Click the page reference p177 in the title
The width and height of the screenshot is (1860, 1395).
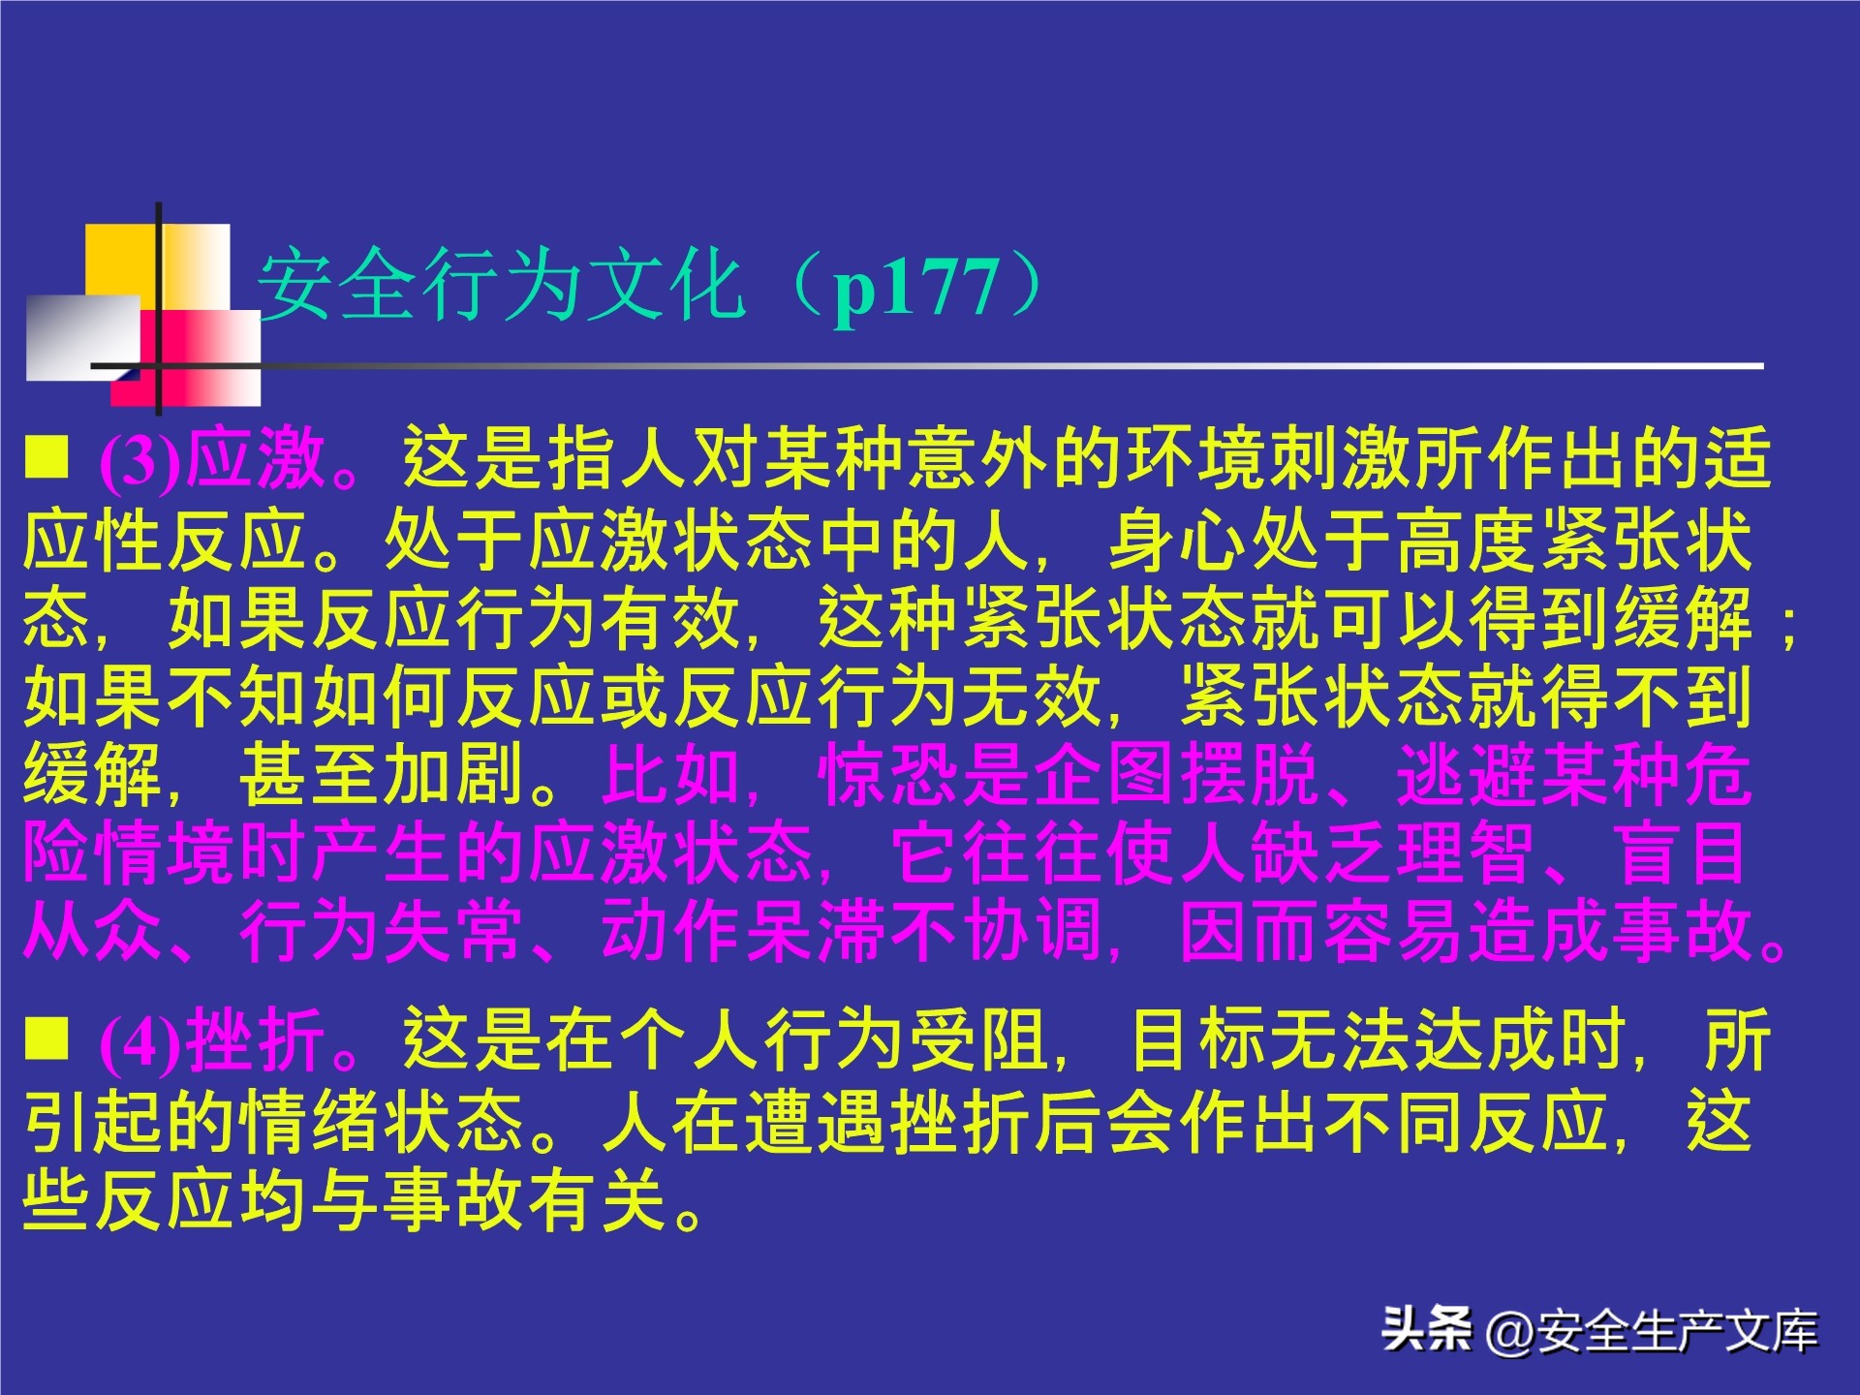coord(916,288)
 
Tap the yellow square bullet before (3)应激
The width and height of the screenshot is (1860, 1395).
coord(46,456)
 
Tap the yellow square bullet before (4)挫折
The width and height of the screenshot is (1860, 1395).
coord(46,1038)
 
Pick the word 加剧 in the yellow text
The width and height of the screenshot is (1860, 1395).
coord(455,775)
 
